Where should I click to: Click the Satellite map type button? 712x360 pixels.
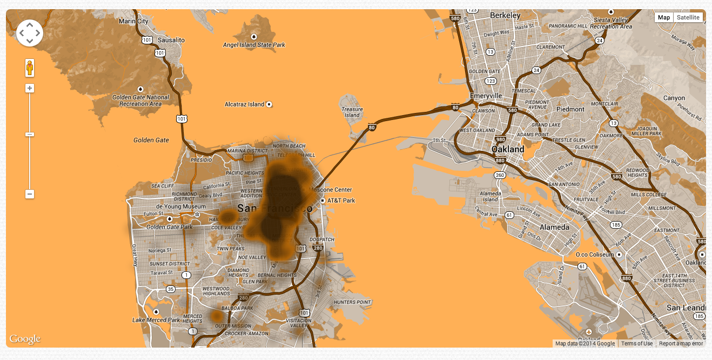click(x=688, y=17)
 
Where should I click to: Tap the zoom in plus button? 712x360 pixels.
click(x=30, y=88)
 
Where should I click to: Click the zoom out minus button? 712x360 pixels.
click(x=30, y=194)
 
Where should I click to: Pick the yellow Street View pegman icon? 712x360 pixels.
click(x=30, y=68)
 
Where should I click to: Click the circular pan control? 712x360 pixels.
click(x=30, y=33)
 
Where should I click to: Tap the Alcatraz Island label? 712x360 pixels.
click(x=245, y=104)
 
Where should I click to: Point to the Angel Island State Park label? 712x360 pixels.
click(x=254, y=45)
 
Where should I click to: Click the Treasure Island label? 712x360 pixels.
click(x=352, y=112)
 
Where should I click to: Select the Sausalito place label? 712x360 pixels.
click(x=171, y=40)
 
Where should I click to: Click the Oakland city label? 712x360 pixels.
click(x=508, y=149)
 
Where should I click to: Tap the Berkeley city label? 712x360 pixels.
click(x=505, y=16)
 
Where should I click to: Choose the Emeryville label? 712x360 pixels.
click(x=486, y=96)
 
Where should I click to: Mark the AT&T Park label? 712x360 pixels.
click(x=341, y=201)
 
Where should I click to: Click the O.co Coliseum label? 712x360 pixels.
click(x=595, y=254)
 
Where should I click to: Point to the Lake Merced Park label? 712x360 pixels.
click(x=156, y=320)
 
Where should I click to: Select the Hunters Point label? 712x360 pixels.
click(x=352, y=302)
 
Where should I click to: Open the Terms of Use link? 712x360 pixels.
click(x=636, y=343)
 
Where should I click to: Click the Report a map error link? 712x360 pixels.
click(x=681, y=343)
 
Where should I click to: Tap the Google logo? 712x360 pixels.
click(x=25, y=339)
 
